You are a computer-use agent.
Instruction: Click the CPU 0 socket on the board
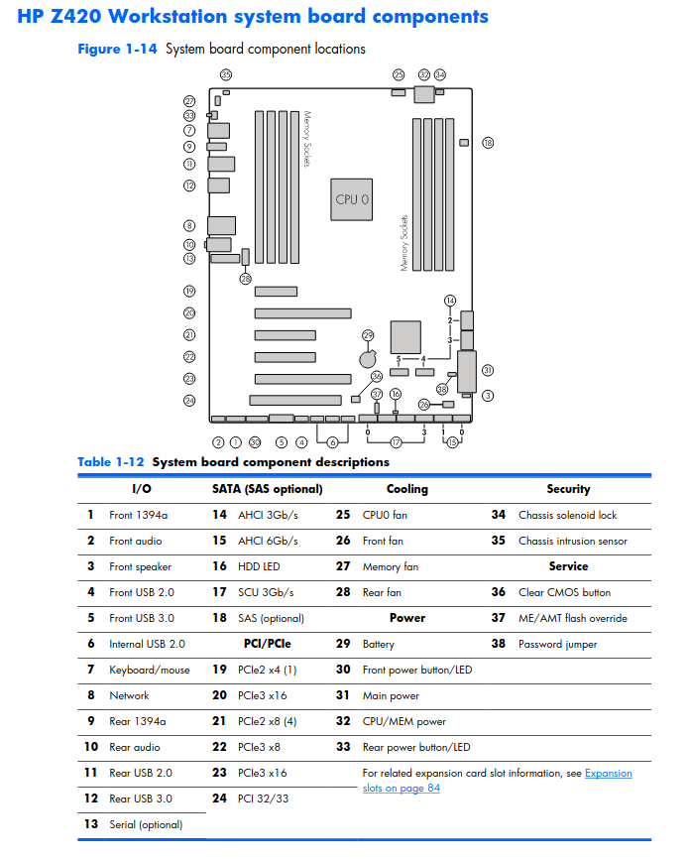coord(352,199)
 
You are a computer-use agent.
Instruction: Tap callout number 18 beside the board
coord(488,143)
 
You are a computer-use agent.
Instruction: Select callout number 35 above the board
coord(226,74)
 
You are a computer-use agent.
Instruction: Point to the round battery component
coord(368,359)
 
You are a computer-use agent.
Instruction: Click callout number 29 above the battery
coord(368,334)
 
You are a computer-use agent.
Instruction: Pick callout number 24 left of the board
coord(189,401)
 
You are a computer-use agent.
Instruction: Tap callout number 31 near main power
coord(488,370)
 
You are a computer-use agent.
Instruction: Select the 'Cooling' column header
coord(406,489)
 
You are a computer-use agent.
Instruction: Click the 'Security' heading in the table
coord(568,489)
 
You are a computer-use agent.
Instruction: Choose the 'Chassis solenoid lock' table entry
coord(567,515)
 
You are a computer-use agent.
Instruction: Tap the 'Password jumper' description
coord(557,645)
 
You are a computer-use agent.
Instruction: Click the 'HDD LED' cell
coord(259,566)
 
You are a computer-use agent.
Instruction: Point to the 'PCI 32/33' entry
coord(263,798)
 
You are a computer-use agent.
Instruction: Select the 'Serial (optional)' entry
coord(146,824)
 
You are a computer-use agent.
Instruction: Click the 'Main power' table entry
coord(391,695)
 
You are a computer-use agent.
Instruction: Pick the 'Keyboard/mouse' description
coord(150,670)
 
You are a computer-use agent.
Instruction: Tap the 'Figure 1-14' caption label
coord(117,49)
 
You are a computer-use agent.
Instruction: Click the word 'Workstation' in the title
coord(168,17)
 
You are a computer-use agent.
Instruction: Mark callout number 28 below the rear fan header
coord(246,279)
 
